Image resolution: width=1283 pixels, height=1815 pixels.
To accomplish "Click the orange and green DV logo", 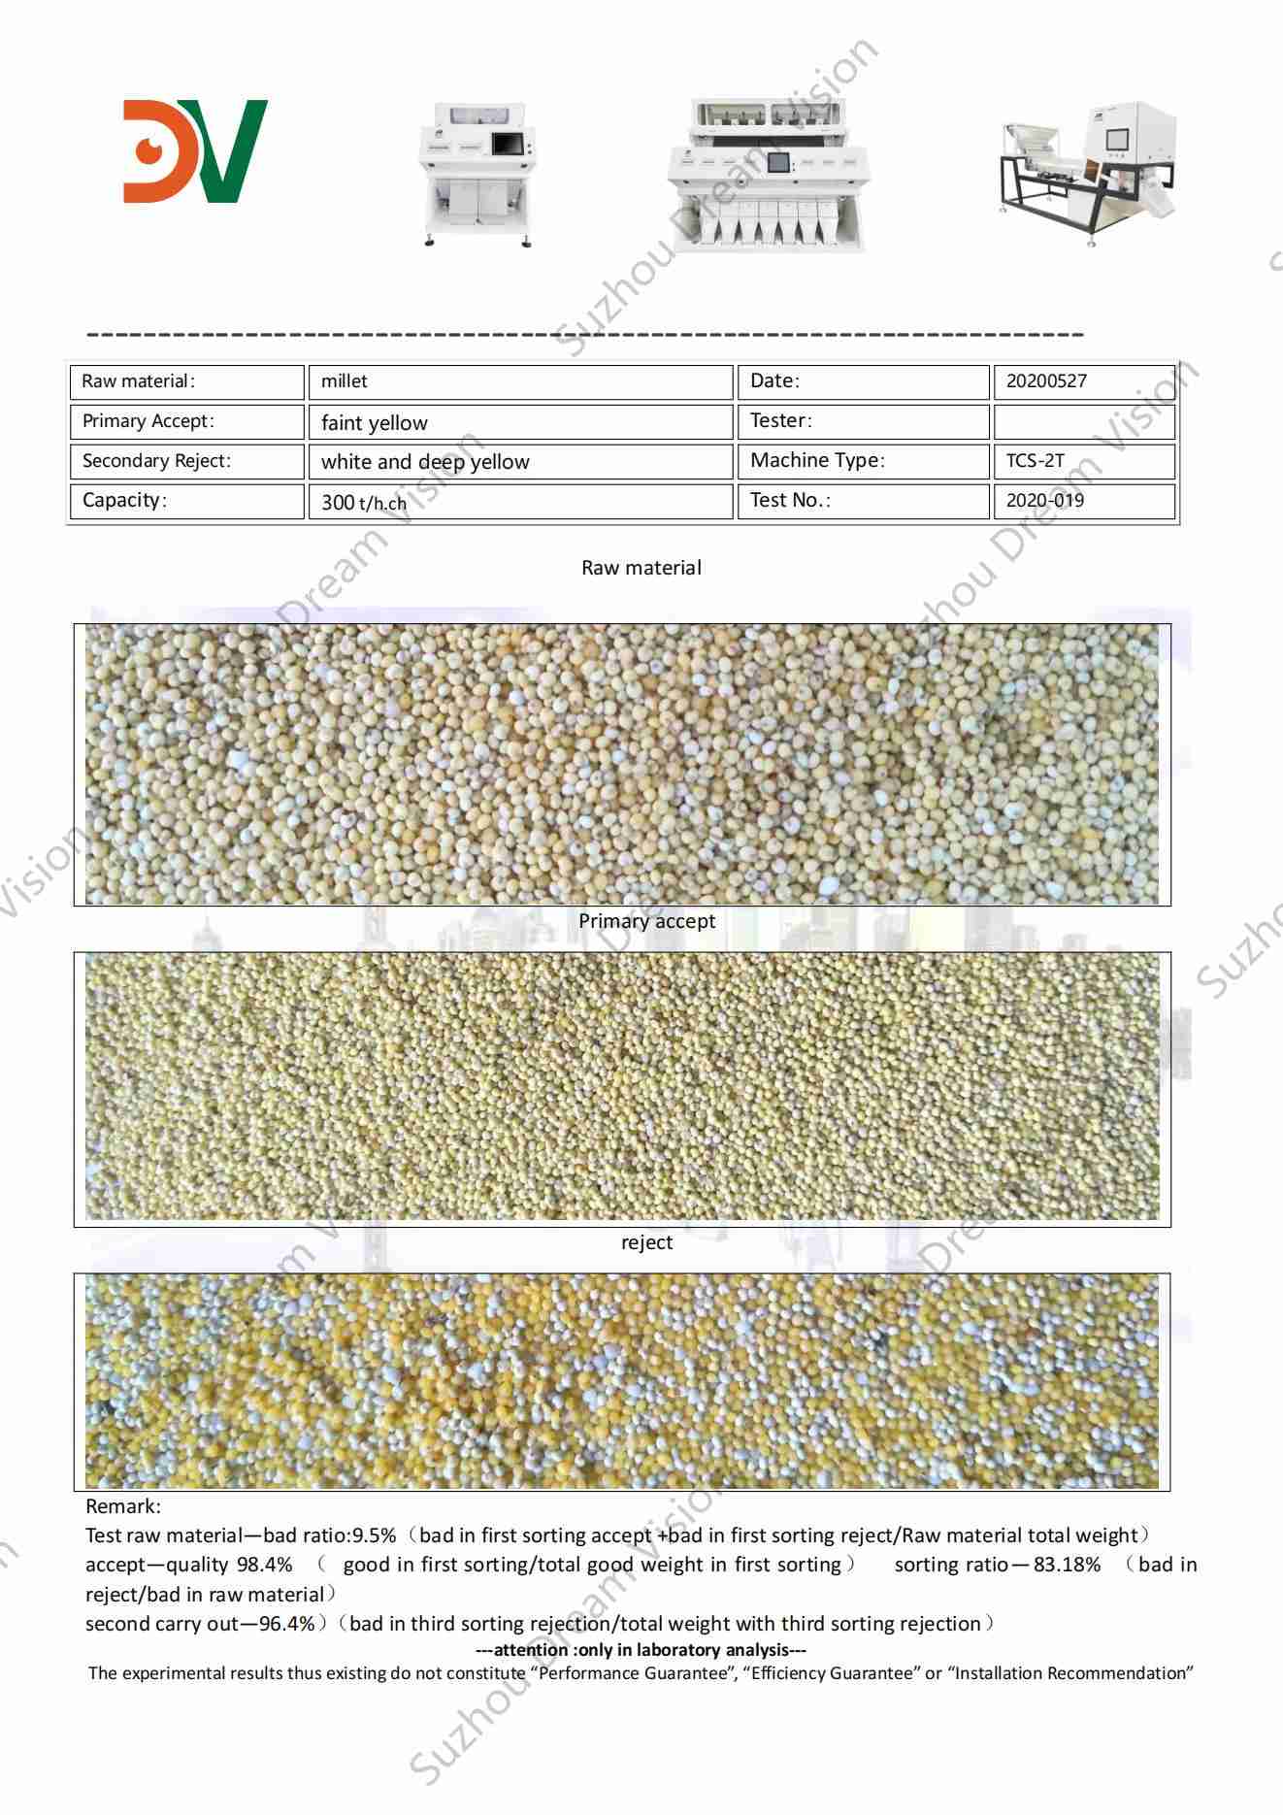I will (x=195, y=150).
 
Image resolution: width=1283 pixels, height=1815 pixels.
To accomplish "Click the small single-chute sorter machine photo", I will (x=477, y=176).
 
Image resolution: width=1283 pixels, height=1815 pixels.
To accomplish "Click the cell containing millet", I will (x=519, y=381).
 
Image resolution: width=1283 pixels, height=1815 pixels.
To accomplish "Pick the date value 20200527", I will (x=1083, y=381).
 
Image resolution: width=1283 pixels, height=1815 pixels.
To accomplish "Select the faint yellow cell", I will (x=519, y=422).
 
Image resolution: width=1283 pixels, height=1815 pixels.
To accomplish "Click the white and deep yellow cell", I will (x=519, y=462).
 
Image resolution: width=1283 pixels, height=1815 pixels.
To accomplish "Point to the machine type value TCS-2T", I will (x=1083, y=461).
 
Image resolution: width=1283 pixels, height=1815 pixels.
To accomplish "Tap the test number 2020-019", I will (x=1083, y=501).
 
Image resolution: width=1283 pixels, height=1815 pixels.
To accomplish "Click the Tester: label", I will (x=781, y=421).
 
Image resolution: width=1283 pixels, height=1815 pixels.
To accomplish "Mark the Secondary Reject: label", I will (x=156, y=461).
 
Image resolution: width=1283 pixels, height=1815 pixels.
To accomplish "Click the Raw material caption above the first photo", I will (x=641, y=568).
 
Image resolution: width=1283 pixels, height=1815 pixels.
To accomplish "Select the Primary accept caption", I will (x=646, y=921).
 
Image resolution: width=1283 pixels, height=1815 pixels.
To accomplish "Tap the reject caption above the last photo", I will (x=646, y=1242).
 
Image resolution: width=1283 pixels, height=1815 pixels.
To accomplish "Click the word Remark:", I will (x=123, y=1506).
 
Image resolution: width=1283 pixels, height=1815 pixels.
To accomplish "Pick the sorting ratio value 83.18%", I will (x=1067, y=1565).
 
